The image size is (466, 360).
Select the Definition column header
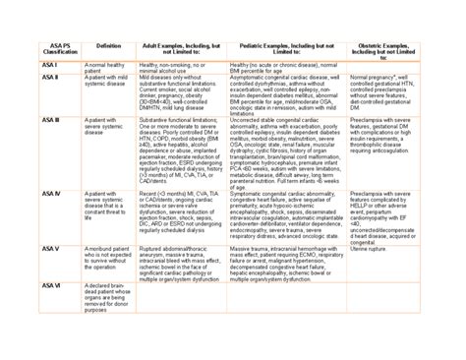(109, 46)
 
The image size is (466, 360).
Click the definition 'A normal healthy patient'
(105, 68)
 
